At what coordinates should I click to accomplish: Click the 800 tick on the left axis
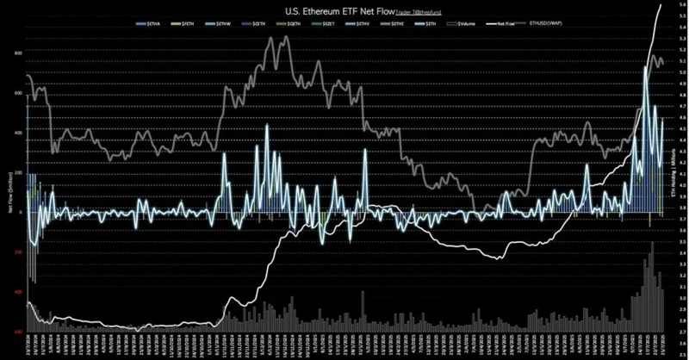click(x=16, y=53)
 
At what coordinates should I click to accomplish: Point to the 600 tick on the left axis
click(x=16, y=93)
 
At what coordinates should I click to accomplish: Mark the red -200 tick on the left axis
click(x=16, y=252)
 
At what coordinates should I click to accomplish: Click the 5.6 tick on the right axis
click(x=681, y=6)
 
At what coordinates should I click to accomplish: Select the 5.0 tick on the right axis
click(x=681, y=73)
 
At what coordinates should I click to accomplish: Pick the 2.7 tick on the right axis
click(x=681, y=332)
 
